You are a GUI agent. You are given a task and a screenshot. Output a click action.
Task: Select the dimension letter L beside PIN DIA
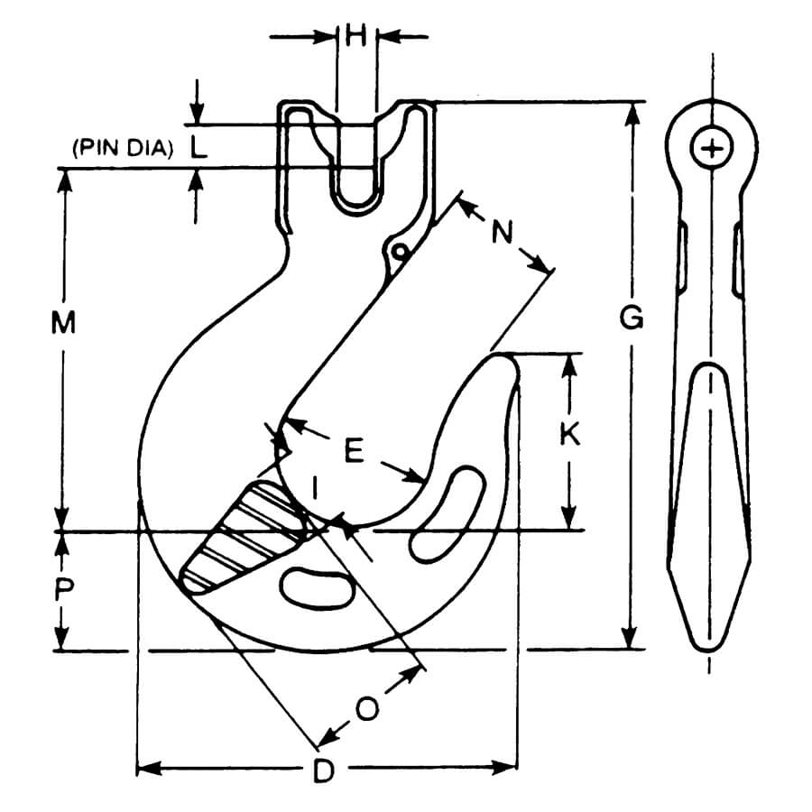tap(198, 147)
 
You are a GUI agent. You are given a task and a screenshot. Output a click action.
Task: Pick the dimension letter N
tap(503, 233)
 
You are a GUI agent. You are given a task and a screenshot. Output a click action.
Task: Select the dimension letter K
tap(568, 435)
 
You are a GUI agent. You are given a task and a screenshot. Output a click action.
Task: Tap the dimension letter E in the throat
tap(355, 451)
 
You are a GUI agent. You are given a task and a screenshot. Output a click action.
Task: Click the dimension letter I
tap(314, 488)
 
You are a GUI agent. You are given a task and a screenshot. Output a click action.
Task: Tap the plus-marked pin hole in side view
tap(713, 147)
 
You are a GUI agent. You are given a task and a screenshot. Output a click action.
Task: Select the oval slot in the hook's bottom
tap(316, 587)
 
